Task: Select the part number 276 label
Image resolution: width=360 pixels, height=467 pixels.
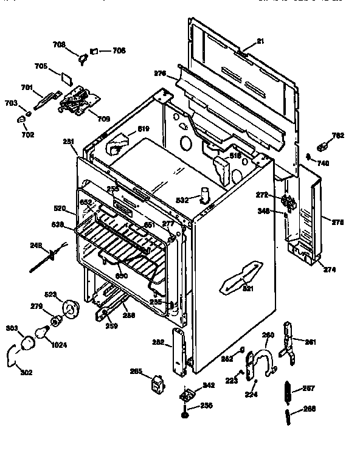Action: [x=160, y=74]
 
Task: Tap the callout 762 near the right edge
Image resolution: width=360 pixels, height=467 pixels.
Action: [x=338, y=136]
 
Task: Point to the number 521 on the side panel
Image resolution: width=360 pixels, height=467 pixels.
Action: [x=247, y=288]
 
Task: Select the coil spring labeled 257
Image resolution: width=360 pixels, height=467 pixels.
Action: [x=288, y=390]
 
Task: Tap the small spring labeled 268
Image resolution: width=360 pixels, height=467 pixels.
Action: [x=288, y=418]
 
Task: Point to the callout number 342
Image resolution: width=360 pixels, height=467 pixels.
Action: [x=209, y=385]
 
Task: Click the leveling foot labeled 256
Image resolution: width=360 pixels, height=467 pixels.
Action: [x=184, y=415]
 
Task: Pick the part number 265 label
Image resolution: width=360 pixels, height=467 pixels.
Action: [x=136, y=372]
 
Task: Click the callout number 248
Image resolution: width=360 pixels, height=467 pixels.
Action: [x=35, y=246]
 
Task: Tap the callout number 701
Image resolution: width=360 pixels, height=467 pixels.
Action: [x=27, y=88]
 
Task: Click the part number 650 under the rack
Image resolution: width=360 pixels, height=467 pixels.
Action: [x=122, y=276]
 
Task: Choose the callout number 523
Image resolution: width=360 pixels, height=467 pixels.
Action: [x=50, y=294]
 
